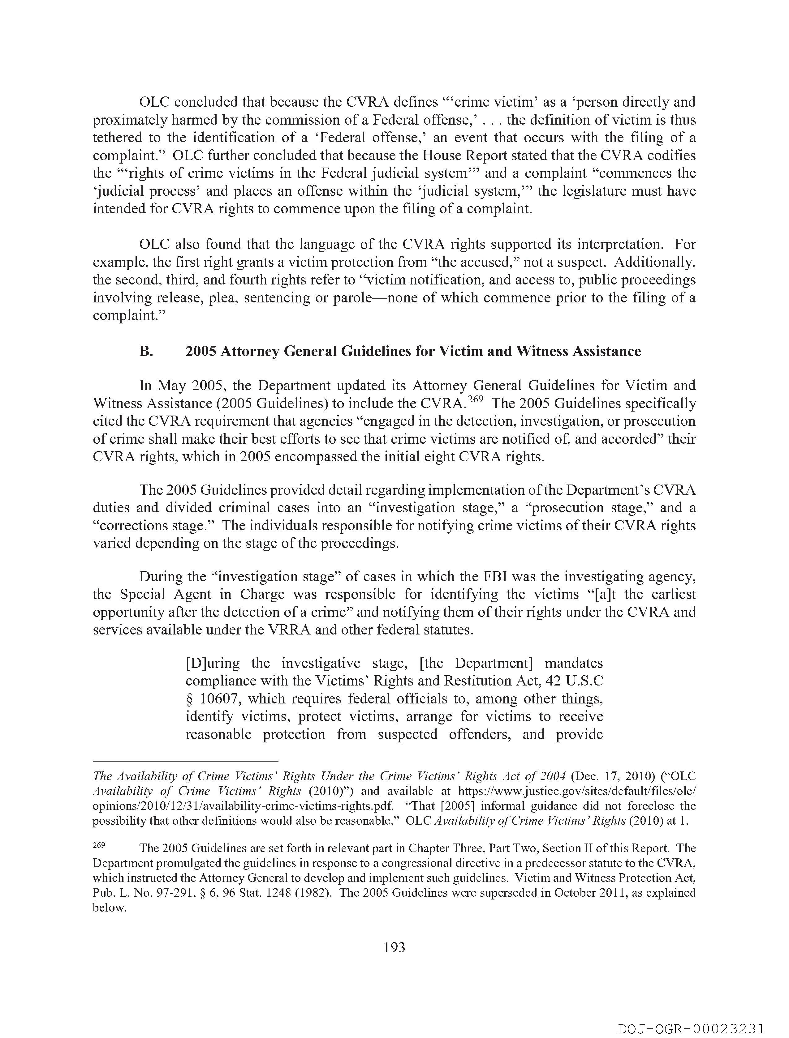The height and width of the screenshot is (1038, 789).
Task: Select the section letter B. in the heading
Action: click(146, 352)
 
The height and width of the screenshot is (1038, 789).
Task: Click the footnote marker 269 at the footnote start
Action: click(99, 845)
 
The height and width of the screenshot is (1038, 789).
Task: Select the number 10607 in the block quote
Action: click(218, 699)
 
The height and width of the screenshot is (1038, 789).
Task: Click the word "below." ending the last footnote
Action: click(110, 908)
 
